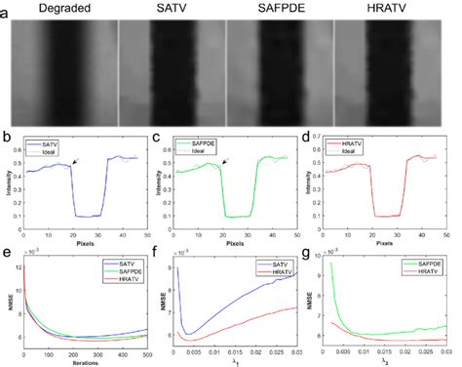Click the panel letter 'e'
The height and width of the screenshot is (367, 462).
click(7, 257)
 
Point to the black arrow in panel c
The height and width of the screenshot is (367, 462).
click(226, 162)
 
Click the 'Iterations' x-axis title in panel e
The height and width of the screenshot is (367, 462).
click(83, 362)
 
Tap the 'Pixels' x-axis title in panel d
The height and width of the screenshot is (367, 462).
click(390, 242)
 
